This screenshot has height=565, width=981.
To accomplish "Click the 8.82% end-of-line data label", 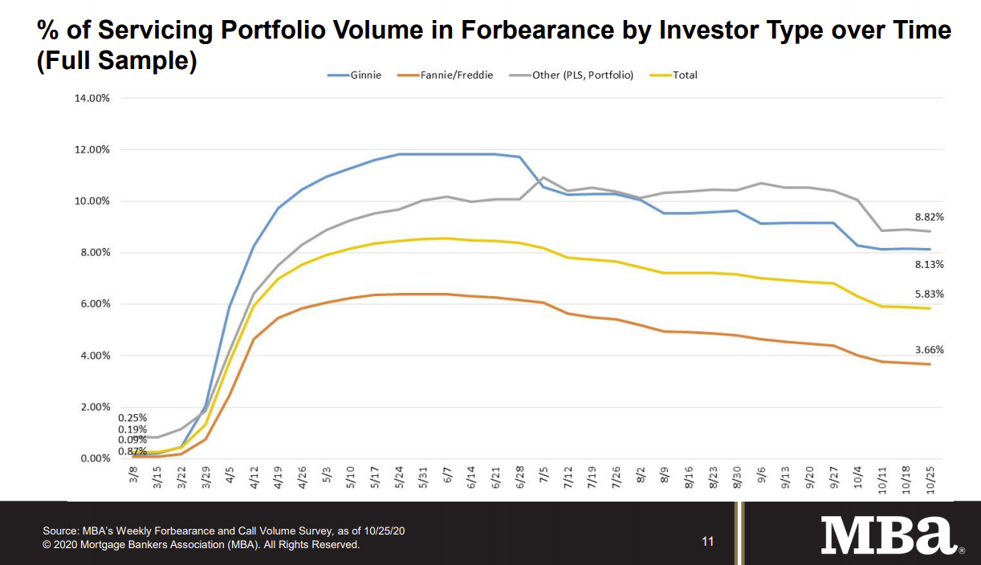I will (x=929, y=217).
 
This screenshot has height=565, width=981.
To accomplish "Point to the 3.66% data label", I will (x=929, y=350).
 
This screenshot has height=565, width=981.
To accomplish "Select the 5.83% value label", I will (x=929, y=295).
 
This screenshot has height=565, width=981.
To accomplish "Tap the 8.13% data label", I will (x=929, y=264).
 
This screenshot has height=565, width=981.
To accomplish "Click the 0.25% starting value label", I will (x=132, y=417).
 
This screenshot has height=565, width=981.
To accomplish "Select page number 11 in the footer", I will (x=707, y=542).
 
